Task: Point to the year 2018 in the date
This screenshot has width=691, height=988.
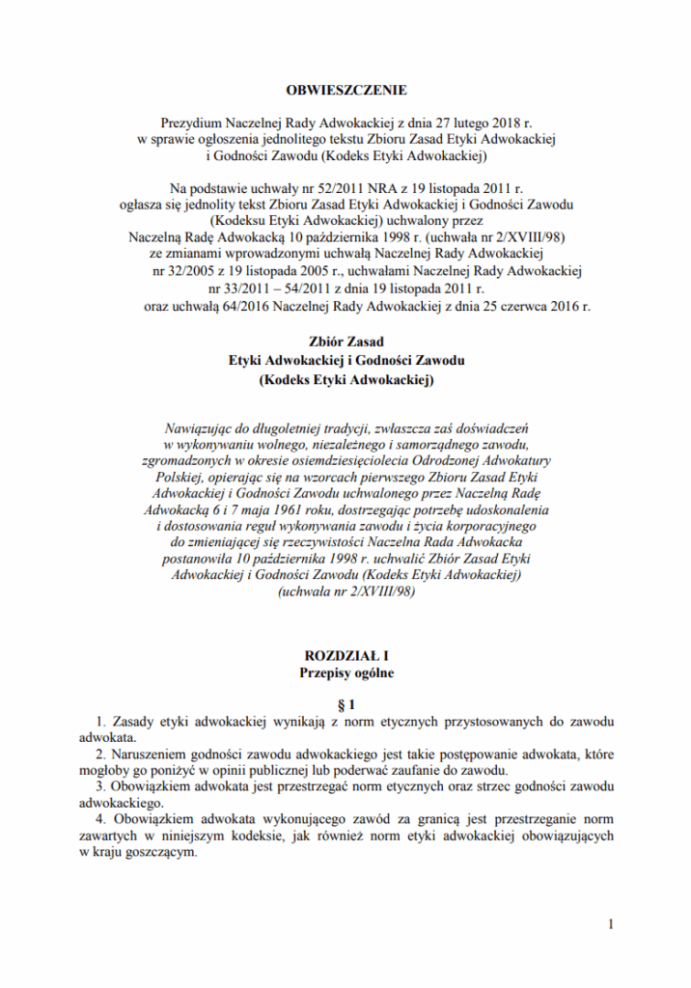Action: point(505,123)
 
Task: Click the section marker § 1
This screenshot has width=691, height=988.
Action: point(346,704)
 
